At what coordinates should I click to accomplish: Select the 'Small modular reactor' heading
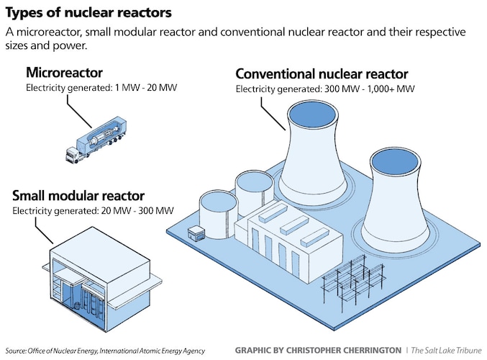pyautogui.click(x=78, y=196)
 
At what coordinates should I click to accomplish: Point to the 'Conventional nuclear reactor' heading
pyautogui.click(x=322, y=74)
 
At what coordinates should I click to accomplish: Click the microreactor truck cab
pyautogui.click(x=72, y=153)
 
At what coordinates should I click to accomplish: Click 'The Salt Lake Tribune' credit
pyautogui.click(x=445, y=351)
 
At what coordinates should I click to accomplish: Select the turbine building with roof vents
pyautogui.click(x=287, y=245)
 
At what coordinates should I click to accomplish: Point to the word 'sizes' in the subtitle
pyautogui.click(x=20, y=47)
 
